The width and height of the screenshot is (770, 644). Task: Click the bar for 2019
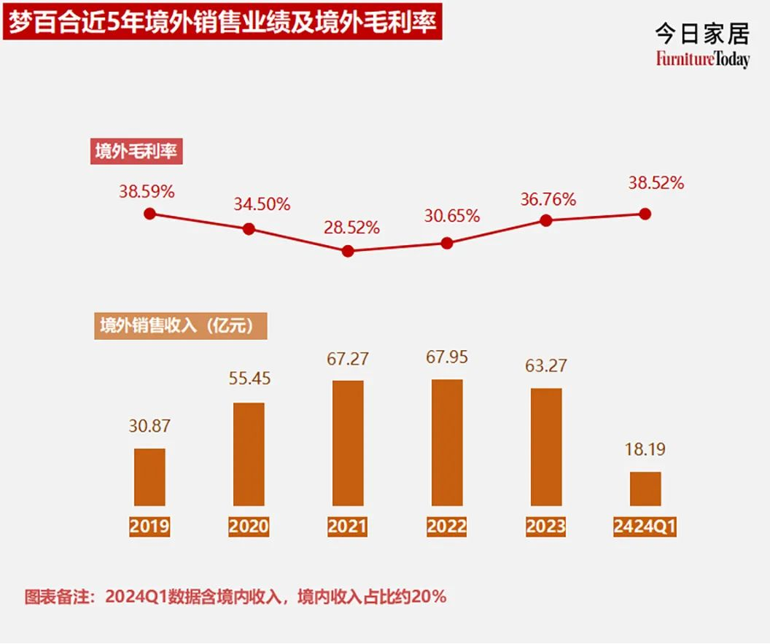(149, 477)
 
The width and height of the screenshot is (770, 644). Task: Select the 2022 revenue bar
(447, 443)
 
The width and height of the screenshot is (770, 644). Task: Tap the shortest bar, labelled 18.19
(645, 489)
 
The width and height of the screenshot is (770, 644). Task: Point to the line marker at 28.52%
(348, 251)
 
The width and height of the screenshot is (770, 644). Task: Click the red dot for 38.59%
(149, 214)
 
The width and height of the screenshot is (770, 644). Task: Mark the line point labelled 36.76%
(546, 220)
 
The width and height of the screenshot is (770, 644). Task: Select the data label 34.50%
(262, 204)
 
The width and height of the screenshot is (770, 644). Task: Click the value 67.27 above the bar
(348, 359)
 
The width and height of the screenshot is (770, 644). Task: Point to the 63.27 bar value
(546, 365)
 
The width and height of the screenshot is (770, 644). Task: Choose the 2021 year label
(348, 527)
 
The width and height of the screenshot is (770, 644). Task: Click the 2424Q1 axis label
(645, 527)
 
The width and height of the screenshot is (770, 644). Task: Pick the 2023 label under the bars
(546, 527)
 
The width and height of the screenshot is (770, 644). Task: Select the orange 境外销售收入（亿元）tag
(181, 325)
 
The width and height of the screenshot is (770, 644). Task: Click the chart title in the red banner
(222, 23)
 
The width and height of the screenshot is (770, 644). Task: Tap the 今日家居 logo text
(701, 34)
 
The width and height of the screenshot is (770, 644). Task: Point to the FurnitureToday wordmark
(701, 60)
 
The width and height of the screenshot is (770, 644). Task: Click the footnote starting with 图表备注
(235, 597)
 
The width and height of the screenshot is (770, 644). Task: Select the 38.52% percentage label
(656, 184)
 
